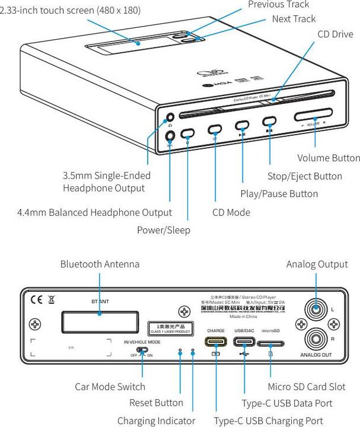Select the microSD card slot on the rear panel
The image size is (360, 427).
270,342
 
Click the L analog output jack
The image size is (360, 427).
317,309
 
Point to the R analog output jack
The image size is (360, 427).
317,339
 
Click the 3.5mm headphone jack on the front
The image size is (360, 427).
171,118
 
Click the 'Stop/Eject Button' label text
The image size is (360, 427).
304,176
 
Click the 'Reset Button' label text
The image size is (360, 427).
156,403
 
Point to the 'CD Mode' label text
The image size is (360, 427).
231,212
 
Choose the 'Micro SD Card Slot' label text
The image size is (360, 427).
307,387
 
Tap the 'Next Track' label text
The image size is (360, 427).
294,19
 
